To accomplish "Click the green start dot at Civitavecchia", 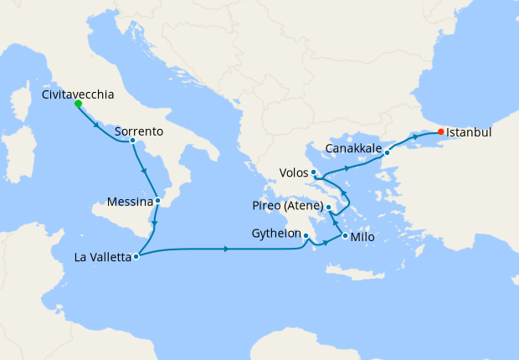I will click(78, 104).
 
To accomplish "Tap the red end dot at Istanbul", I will click(441, 132).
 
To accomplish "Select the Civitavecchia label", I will click(77, 95).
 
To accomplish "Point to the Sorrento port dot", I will click(132, 141).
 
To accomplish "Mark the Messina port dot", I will click(157, 201).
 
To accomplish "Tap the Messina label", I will click(130, 202).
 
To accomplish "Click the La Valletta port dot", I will click(136, 257).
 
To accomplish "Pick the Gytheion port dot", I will click(306, 236).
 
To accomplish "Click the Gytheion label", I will click(275, 234).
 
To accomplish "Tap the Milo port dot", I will click(345, 237).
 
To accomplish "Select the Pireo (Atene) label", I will click(287, 206).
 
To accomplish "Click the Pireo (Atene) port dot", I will click(329, 207).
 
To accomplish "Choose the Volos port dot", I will click(313, 172).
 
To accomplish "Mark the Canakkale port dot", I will click(387, 152).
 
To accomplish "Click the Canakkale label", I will click(353, 149).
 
